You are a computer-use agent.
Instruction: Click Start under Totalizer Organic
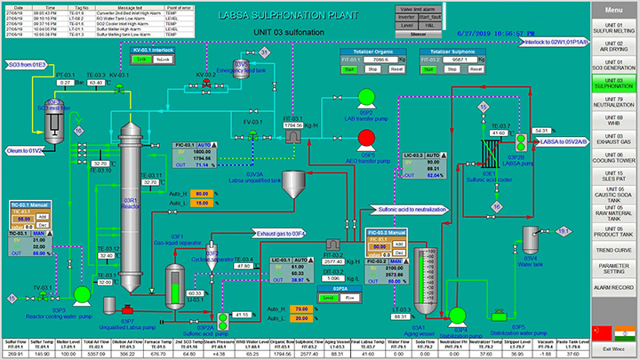coord(351,68)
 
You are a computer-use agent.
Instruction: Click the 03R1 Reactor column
coord(131,169)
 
